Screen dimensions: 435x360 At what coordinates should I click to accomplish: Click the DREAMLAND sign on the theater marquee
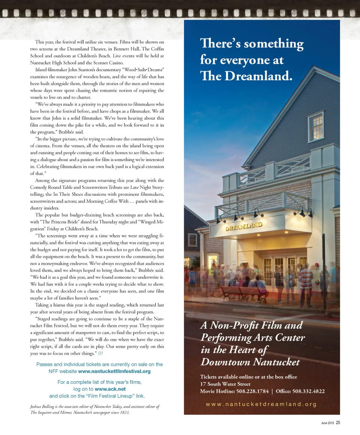tap(244, 226)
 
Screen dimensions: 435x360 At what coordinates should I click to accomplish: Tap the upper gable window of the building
tap(316, 127)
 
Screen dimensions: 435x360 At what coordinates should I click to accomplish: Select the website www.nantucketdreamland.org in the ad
tap(261, 404)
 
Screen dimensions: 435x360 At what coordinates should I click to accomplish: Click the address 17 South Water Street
tap(225, 384)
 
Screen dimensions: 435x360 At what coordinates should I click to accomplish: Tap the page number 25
tap(338, 423)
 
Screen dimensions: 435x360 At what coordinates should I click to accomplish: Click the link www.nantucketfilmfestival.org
tap(114, 371)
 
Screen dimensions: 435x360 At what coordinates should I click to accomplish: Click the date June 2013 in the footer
tap(327, 423)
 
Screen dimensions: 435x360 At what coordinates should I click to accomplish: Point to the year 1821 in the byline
tap(124, 412)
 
